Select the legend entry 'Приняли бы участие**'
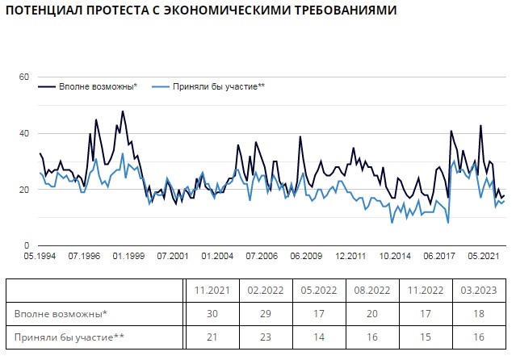[x=219, y=86]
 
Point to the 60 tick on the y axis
[x=23, y=77]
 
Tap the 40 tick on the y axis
[x=23, y=133]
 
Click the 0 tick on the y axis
[x=27, y=245]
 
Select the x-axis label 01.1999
[x=128, y=257]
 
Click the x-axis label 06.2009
[x=306, y=257]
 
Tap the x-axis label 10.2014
[x=395, y=257]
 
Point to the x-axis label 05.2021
[x=484, y=257]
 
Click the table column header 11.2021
[x=210, y=291]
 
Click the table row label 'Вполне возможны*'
[x=61, y=312]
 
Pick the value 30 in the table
[x=210, y=312]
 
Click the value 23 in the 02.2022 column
[x=264, y=335]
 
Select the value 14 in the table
[x=319, y=335]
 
